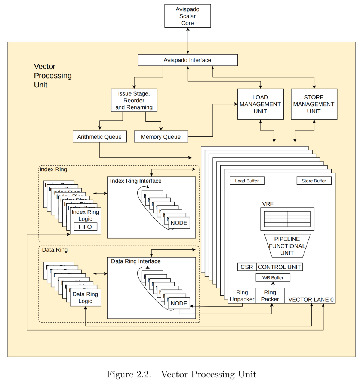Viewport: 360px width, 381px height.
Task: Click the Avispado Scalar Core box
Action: point(187,16)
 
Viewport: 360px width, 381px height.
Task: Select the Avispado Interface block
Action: point(187,60)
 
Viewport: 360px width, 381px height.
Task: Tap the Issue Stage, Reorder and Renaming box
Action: point(134,100)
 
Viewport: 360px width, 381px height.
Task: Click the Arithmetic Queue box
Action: point(99,136)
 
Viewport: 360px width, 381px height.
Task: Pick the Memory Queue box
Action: point(161,136)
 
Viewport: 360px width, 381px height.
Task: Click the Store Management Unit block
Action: point(314,104)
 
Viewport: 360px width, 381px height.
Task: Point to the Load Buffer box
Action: point(247,181)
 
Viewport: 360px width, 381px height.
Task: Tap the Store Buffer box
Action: point(314,181)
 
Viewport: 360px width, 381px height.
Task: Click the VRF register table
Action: point(287,219)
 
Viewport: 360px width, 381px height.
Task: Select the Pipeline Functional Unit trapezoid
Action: point(287,246)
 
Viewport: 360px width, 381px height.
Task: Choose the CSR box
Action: point(247,267)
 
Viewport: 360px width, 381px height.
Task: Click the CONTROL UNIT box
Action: point(279,267)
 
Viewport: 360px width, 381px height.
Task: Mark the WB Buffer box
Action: point(273,277)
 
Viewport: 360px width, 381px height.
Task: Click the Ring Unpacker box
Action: point(241,295)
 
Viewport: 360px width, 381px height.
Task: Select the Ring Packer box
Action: point(270,295)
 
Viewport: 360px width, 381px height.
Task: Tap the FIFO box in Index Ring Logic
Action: point(85,227)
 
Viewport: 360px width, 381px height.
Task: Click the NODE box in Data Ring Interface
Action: point(178,303)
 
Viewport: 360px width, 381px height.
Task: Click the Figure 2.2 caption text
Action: point(181,374)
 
